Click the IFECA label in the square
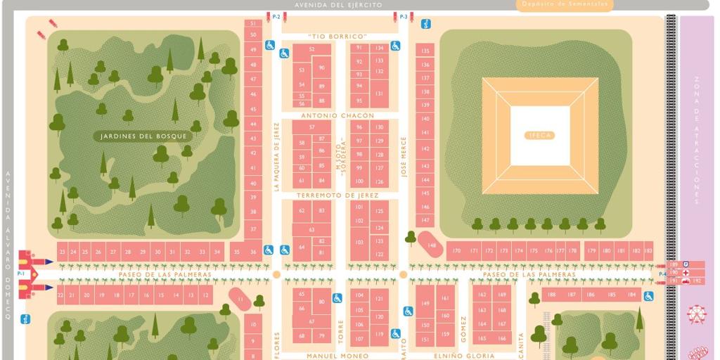click(x=539, y=135)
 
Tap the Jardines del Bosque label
click(x=143, y=136)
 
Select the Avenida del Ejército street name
click(x=338, y=5)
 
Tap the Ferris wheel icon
click(x=696, y=314)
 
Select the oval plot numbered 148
click(x=431, y=245)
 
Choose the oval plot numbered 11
click(x=240, y=299)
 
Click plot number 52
click(x=311, y=49)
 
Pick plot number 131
click(x=380, y=94)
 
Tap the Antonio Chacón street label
click(x=337, y=115)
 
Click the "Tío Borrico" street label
click(x=337, y=37)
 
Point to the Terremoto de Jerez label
click(x=337, y=195)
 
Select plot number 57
click(x=311, y=127)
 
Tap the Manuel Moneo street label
click(x=337, y=356)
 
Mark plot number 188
click(x=552, y=295)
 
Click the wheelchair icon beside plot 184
click(x=648, y=296)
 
